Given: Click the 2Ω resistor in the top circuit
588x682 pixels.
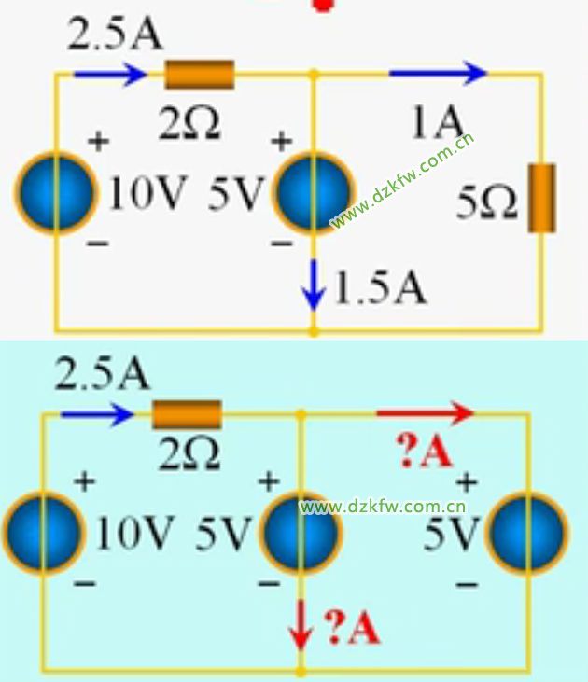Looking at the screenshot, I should coord(199,73).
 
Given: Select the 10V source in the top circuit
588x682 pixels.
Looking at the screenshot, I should coord(55,193).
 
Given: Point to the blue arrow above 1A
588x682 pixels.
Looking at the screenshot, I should coord(438,72).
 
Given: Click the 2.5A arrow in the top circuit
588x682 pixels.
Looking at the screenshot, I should coord(109,72).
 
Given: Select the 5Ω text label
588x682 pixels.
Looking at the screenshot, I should coord(487,203).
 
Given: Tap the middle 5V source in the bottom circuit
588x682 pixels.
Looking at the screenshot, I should coord(301,533).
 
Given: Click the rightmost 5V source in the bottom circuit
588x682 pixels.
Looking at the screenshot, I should coord(528,533).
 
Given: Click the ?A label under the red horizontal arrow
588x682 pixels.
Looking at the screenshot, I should coord(424,453).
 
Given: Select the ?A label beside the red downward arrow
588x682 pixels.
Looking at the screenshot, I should coord(351,628).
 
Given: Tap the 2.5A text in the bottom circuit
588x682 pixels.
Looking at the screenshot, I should coord(102,375).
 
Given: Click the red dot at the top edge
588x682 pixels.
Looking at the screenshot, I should coord(323,4).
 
